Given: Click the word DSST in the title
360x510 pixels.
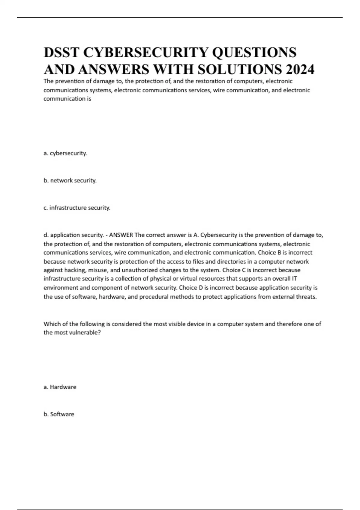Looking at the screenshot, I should pyautogui.click(x=61, y=52).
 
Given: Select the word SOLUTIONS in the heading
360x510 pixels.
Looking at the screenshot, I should pyautogui.click(x=240, y=70).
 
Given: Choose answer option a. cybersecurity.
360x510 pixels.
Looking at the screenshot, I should pyautogui.click(x=65, y=153).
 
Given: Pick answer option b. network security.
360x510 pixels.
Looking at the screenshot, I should pyautogui.click(x=70, y=181).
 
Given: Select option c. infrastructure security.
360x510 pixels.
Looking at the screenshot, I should pyautogui.click(x=77, y=208).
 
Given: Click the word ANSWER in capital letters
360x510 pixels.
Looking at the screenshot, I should pyautogui.click(x=121, y=235).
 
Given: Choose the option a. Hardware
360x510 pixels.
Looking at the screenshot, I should pyautogui.click(x=60, y=387).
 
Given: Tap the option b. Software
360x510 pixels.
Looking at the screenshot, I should pyautogui.click(x=59, y=414).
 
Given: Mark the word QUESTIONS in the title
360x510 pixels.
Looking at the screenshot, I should pyautogui.click(x=254, y=52).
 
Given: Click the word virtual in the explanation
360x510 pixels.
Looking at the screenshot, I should pyautogui.click(x=188, y=279).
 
